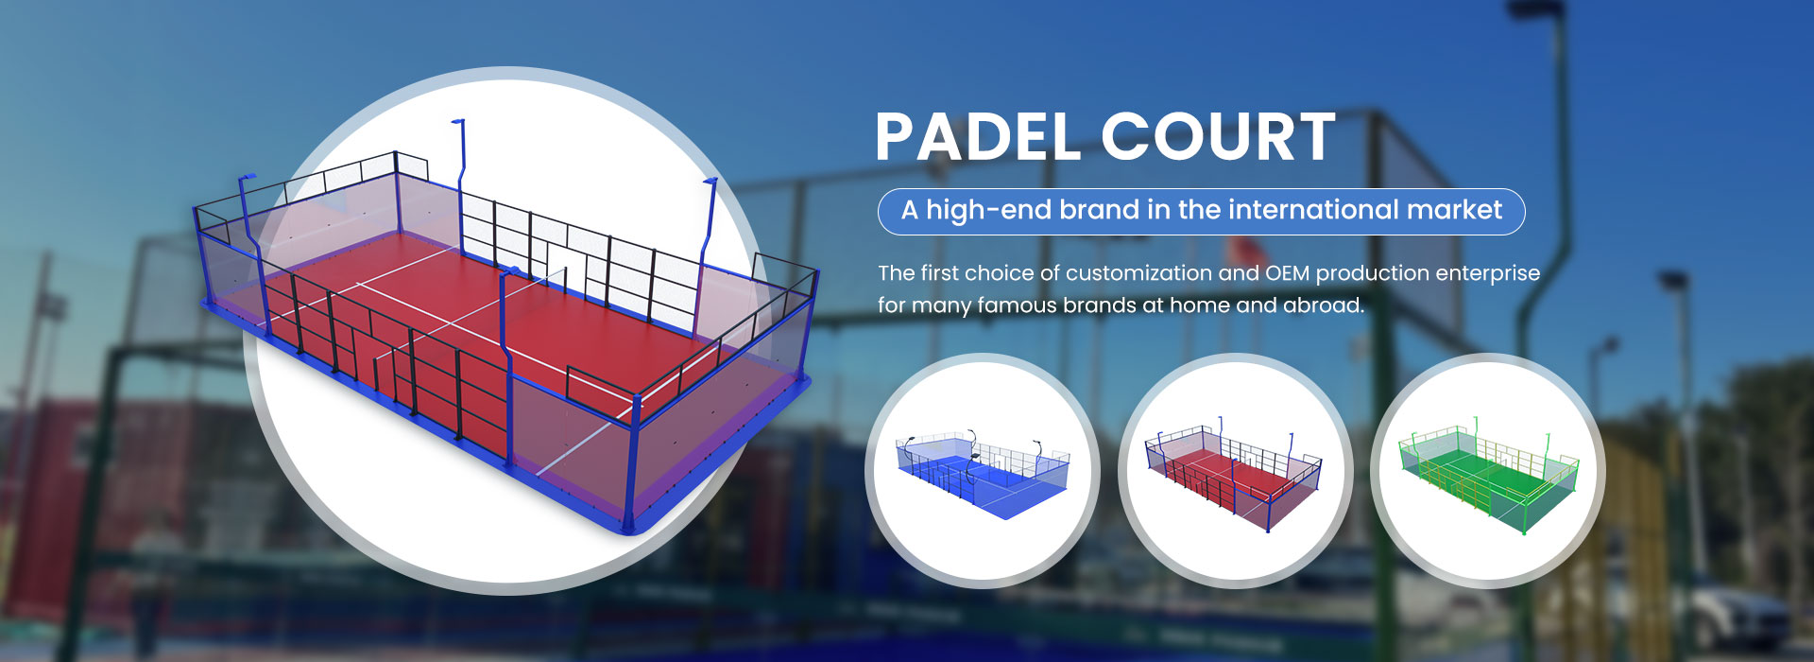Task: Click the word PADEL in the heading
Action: click(x=978, y=137)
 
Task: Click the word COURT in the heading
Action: click(x=1219, y=137)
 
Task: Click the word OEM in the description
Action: click(x=1288, y=273)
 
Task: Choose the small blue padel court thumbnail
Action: click(x=983, y=471)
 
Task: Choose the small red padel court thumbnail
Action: click(x=1234, y=471)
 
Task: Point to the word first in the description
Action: click(x=940, y=273)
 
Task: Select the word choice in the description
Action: click(x=1000, y=273)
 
